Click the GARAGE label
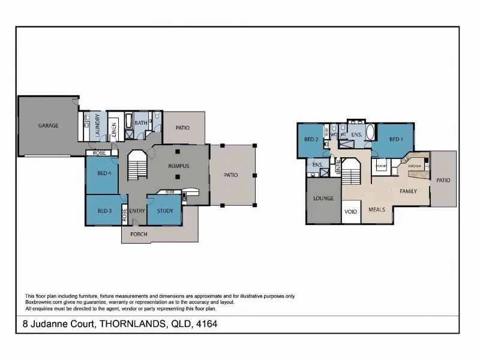48,125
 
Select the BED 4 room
104,173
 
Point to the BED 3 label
104,211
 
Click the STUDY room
164,211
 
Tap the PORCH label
139,234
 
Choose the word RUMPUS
179,166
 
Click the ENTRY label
137,211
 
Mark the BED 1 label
395,139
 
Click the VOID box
350,212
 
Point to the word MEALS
377,209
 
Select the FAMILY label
408,191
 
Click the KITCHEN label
415,166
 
